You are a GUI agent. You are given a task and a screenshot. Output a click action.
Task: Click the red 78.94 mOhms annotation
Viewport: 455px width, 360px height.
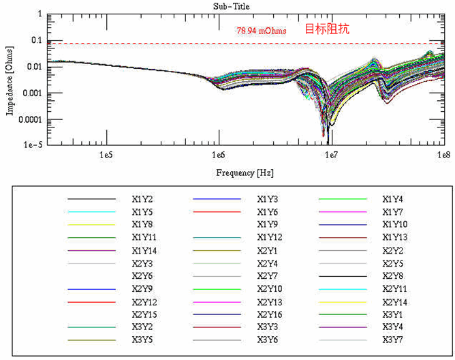point(262,31)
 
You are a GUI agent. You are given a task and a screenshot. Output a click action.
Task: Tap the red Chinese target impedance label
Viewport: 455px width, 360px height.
point(326,29)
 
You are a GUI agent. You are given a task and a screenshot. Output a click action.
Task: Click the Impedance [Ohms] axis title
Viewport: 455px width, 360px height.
point(10,80)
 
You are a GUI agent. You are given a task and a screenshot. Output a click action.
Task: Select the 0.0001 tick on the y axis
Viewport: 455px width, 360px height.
point(29,119)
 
